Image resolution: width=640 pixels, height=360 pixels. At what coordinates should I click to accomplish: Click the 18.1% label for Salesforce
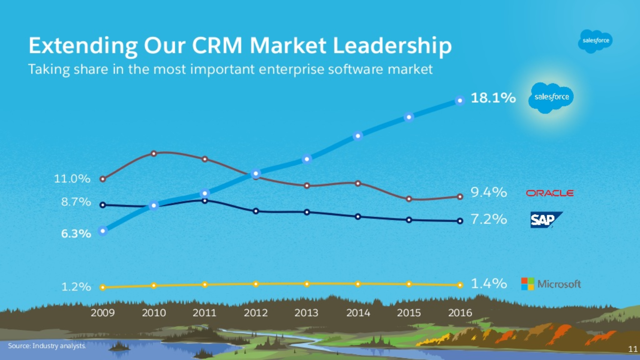tap(493, 99)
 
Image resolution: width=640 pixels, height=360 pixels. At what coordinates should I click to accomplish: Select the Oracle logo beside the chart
tap(550, 193)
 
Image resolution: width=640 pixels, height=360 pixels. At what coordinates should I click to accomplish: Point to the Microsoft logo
tap(551, 284)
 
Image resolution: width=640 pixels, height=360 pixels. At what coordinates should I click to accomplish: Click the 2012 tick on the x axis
tap(255, 313)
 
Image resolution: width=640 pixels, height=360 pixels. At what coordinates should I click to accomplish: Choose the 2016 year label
tap(460, 313)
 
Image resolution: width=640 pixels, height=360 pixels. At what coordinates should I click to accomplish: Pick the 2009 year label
tap(103, 313)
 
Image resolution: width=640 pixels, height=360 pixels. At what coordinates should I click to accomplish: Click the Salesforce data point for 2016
tap(460, 100)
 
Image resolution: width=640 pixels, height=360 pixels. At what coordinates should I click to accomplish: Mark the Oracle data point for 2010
tap(154, 153)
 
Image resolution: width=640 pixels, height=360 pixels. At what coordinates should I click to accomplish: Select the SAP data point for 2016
tap(460, 221)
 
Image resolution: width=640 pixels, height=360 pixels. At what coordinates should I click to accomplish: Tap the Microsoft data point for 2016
tap(460, 285)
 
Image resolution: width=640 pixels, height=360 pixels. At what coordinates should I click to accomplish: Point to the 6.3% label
tap(76, 233)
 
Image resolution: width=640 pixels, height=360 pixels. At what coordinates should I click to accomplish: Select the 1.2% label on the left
tap(76, 287)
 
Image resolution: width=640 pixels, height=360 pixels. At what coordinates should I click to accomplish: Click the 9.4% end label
tap(489, 192)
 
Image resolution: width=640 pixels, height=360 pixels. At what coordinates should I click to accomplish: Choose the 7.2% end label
tap(489, 219)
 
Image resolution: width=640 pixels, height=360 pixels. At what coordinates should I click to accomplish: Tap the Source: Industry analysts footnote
tap(47, 346)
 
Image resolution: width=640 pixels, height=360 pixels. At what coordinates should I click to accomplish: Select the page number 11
tap(633, 348)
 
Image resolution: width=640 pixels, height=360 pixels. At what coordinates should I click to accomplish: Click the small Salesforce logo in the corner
tap(595, 41)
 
